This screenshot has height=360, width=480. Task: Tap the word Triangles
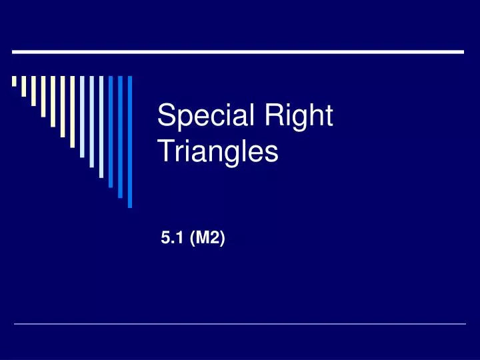click(x=217, y=151)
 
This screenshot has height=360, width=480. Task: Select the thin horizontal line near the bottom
click(x=240, y=325)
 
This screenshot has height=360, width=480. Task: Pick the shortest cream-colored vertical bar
click(x=14, y=82)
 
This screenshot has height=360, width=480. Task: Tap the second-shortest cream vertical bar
click(x=24, y=86)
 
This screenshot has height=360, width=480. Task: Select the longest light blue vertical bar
click(x=101, y=127)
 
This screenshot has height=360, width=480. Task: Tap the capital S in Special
click(x=164, y=117)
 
